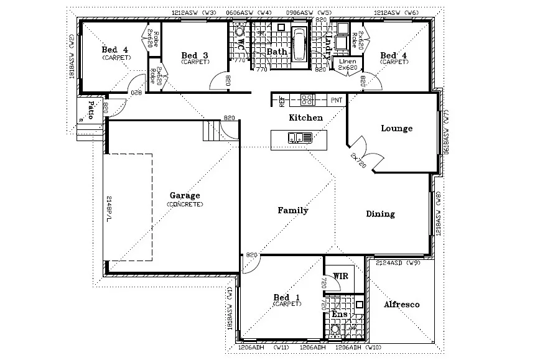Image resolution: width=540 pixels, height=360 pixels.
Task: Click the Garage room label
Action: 185,195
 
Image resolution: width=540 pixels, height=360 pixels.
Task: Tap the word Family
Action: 292,210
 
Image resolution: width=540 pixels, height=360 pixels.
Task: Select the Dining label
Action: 379,214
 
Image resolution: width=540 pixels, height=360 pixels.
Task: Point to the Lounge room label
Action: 396,129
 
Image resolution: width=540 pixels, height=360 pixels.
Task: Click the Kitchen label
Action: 305,118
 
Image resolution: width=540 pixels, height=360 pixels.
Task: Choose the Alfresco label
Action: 401,305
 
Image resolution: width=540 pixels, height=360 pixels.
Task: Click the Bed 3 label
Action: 194,55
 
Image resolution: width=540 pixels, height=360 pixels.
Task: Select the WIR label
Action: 340,275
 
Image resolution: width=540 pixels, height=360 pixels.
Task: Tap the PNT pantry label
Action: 337,99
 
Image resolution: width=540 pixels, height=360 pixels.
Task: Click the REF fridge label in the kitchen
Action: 281,99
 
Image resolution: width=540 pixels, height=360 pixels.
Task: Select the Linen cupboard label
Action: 344,62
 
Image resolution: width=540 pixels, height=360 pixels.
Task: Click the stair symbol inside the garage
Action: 212,131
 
